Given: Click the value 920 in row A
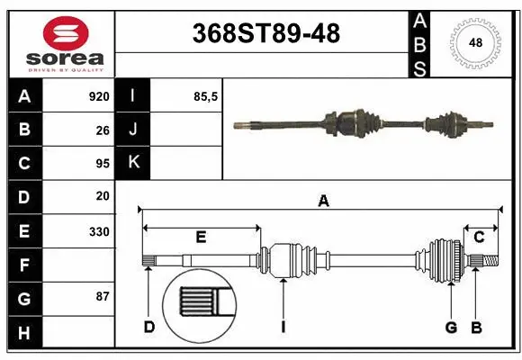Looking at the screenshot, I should (98, 96).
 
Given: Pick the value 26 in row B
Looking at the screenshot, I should (102, 130).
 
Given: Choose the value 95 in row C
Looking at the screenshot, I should (102, 163).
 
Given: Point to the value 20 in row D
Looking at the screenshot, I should (102, 195).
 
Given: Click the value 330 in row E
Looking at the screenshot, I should (98, 231).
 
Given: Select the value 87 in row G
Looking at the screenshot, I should (102, 296).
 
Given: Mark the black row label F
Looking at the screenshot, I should (23, 265).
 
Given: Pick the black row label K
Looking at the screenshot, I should (133, 163).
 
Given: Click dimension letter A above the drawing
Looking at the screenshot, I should (323, 202).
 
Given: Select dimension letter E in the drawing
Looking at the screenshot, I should (201, 238).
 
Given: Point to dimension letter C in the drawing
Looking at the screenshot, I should (479, 238).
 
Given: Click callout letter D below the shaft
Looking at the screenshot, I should (149, 327).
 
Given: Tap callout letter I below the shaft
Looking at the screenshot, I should (283, 327).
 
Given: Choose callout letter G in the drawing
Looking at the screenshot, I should (451, 327).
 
